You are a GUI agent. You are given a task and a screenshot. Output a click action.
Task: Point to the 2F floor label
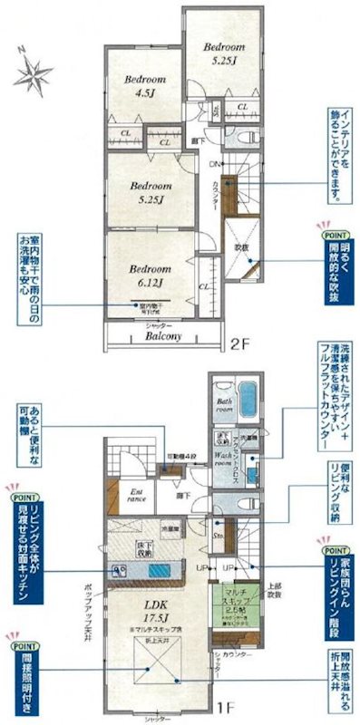[238, 343]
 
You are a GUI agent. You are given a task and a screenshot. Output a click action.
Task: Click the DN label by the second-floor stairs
[214, 165]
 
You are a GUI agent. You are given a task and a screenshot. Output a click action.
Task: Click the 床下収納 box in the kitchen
[145, 546]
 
